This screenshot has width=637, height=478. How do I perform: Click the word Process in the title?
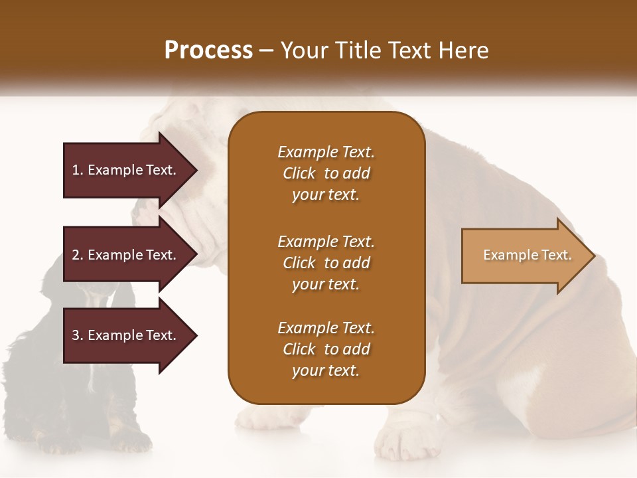(x=208, y=50)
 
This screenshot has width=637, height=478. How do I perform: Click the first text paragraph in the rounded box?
(x=326, y=173)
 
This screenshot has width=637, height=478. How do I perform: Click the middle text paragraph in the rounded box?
(x=326, y=263)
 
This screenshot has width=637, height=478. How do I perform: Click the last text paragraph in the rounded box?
(x=326, y=349)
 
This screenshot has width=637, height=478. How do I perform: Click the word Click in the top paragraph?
(x=299, y=173)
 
